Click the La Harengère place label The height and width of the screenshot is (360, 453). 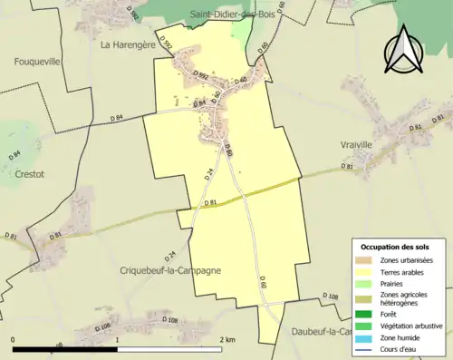[128, 44]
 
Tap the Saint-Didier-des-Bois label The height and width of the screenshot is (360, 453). [234, 15]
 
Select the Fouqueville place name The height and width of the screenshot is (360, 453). [36, 63]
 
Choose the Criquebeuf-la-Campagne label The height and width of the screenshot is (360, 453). [170, 270]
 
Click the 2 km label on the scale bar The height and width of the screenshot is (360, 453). [227, 339]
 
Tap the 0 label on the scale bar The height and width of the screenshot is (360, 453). [14, 339]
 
